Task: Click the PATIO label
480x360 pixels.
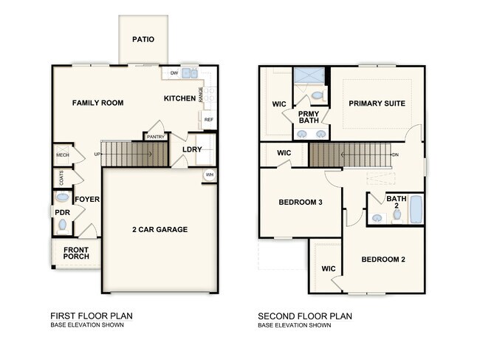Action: coord(143,39)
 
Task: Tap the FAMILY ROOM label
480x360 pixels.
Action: coord(97,103)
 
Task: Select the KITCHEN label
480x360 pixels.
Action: coord(179,98)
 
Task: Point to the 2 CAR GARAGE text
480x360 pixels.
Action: coord(160,229)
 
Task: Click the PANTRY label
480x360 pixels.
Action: coord(156,137)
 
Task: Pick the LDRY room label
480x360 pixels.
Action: coord(192,149)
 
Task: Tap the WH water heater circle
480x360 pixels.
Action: coord(210,175)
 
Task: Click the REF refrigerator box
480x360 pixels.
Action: coord(209,119)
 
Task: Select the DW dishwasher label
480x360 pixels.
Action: coord(174,73)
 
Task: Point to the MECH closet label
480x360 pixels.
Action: coord(62,155)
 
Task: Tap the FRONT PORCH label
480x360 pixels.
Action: coord(76,254)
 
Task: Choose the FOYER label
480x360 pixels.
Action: coord(87,199)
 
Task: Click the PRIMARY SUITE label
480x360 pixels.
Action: coord(377,103)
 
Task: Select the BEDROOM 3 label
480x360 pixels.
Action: coord(300,202)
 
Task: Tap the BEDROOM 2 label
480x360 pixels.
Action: coord(383,259)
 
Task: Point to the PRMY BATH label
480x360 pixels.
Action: coord(309,117)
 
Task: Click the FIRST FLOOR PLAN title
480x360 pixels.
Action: coord(92,316)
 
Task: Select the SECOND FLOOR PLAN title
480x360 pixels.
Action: coord(305,316)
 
